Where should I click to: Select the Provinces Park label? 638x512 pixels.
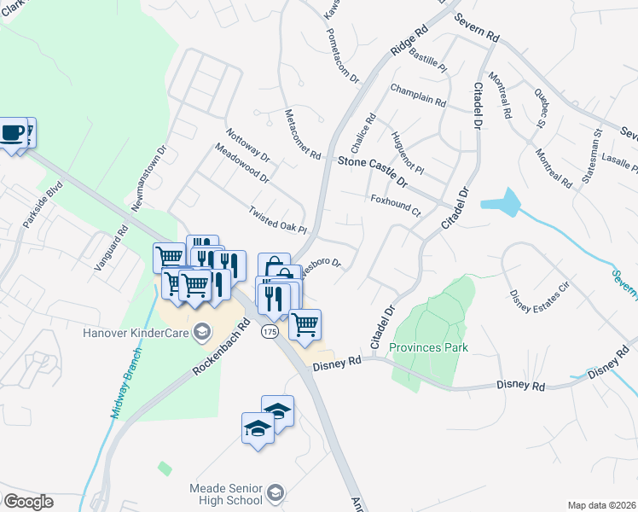pyautogui.click(x=428, y=347)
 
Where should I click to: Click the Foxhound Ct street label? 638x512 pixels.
pyautogui.click(x=397, y=205)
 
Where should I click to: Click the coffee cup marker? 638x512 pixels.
pyautogui.click(x=12, y=133)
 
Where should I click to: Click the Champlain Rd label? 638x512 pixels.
pyautogui.click(x=418, y=95)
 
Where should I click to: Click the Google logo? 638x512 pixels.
pyautogui.click(x=27, y=502)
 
